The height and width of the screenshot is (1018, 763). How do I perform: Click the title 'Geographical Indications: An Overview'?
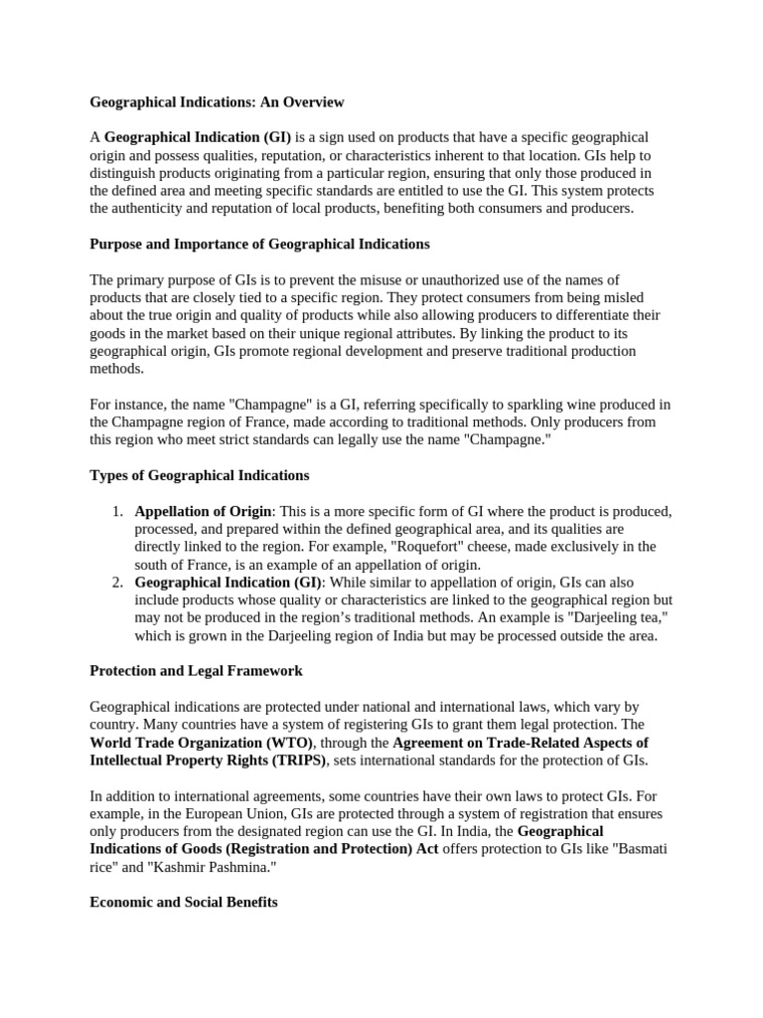pyautogui.click(x=217, y=101)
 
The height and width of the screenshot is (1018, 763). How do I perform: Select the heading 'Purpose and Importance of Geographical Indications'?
pyautogui.click(x=259, y=244)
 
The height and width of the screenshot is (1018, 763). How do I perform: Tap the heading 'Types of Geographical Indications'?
pyautogui.click(x=199, y=475)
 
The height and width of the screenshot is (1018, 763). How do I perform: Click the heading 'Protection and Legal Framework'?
pyautogui.click(x=196, y=671)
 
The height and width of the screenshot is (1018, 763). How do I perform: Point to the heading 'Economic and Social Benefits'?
pyautogui.click(x=184, y=903)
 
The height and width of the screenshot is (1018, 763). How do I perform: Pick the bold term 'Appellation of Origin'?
pyautogui.click(x=204, y=511)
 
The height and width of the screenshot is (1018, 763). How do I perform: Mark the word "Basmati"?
pyautogui.click(x=635, y=849)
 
